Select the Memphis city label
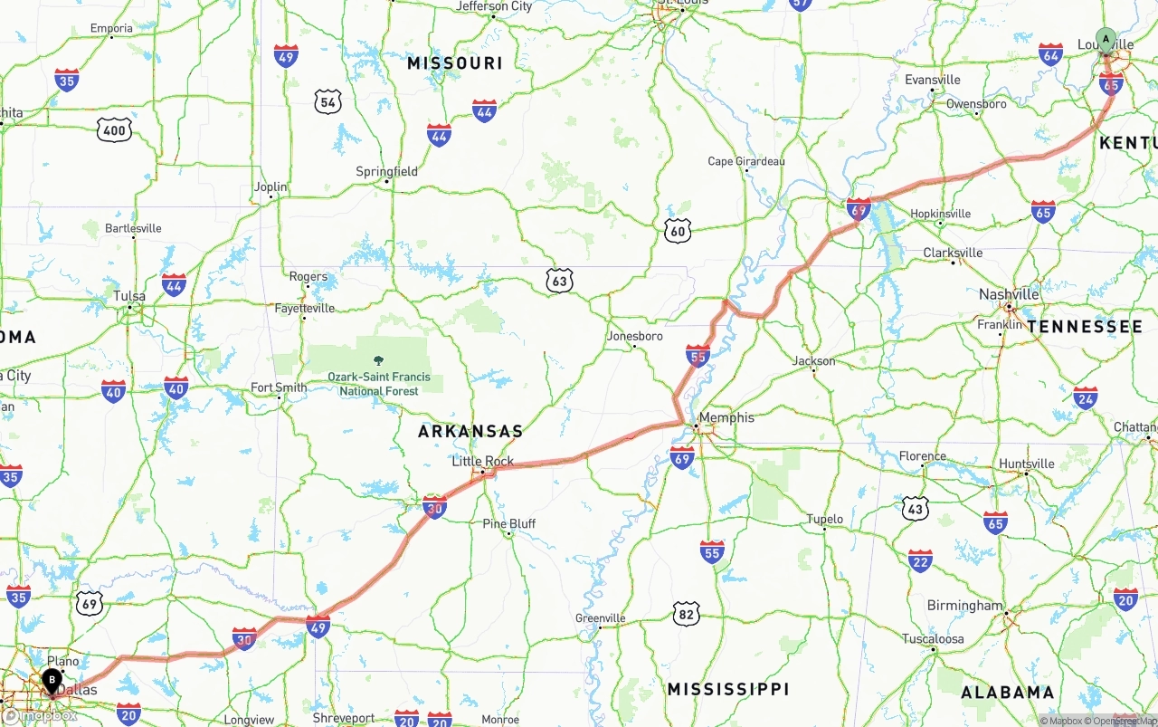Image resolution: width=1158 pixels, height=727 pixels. (x=726, y=417)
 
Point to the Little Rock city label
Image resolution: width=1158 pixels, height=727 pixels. (x=483, y=461)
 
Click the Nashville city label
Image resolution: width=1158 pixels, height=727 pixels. (x=1009, y=294)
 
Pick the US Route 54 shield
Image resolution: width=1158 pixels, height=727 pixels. (x=327, y=101)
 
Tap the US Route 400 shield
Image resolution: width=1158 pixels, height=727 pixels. (x=115, y=130)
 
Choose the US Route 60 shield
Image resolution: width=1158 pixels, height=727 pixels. (x=677, y=230)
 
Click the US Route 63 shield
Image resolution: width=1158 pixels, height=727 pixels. (x=560, y=282)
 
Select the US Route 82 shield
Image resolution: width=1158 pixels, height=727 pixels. (x=686, y=614)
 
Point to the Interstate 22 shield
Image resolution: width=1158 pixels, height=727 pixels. (x=920, y=560)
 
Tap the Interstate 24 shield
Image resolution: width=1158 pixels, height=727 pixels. (x=1086, y=397)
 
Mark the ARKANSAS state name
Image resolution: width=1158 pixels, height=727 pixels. (x=470, y=432)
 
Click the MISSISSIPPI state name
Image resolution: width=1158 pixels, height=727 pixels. (x=728, y=689)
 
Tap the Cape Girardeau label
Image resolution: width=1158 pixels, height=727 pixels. (x=746, y=161)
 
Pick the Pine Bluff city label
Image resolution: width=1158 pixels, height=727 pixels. (x=509, y=523)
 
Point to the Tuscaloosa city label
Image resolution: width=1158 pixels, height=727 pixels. (x=933, y=638)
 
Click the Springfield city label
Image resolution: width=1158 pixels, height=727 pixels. (x=387, y=171)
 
